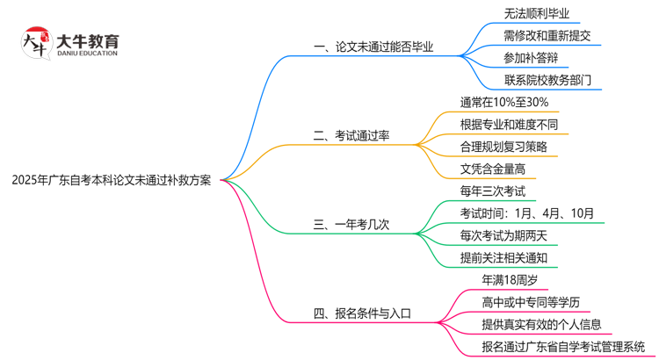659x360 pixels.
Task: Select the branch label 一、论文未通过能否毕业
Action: (x=373, y=47)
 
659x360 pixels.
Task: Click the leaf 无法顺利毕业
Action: (x=536, y=13)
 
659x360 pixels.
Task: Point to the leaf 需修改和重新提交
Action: (x=547, y=36)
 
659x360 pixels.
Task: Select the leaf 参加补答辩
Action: (x=530, y=58)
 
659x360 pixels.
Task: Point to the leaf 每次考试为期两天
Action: (x=503, y=235)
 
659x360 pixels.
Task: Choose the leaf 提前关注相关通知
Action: (x=503, y=257)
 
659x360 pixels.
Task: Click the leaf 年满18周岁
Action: (x=510, y=280)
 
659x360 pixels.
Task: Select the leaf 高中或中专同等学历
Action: (x=530, y=302)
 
